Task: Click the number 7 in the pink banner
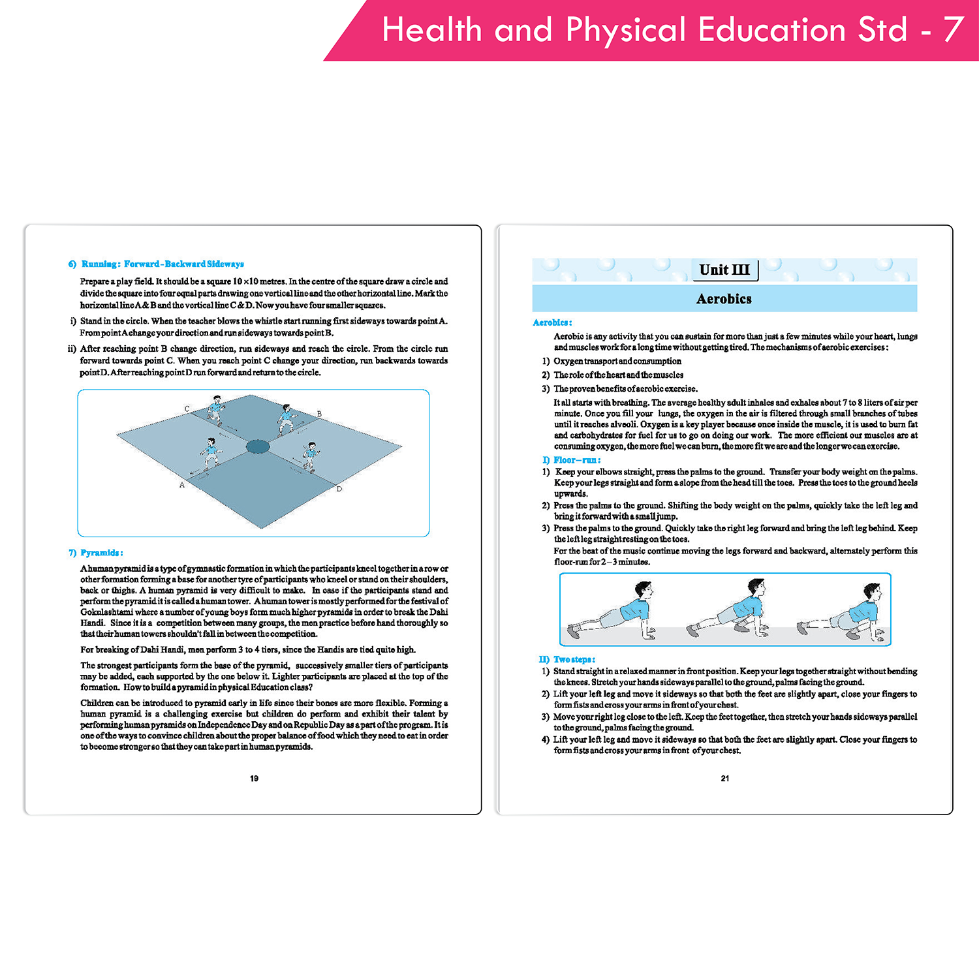point(953,30)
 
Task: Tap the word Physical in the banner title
point(626,31)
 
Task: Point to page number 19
point(254,778)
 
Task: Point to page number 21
point(724,778)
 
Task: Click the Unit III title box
point(724,270)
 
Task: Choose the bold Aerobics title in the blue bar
point(724,299)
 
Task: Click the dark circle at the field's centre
point(257,447)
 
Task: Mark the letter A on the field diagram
point(182,485)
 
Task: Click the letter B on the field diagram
point(319,414)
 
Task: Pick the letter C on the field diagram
point(187,409)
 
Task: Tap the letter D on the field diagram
point(339,489)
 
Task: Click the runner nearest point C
point(215,409)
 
